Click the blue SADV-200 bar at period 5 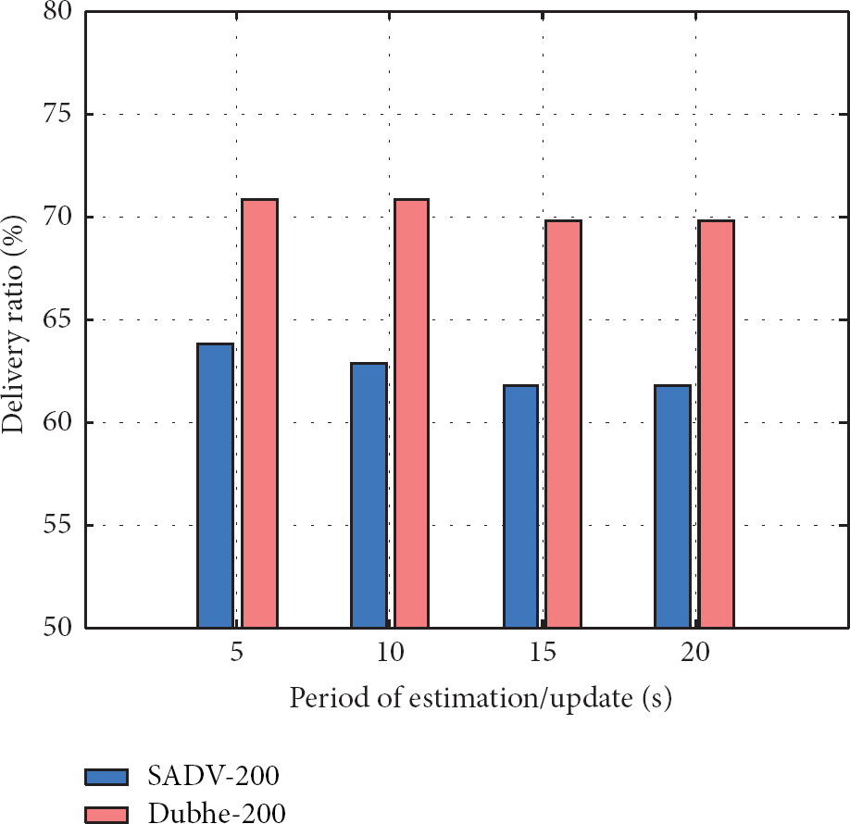point(216,485)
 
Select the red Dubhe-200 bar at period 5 point(260,413)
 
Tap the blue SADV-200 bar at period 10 point(369,494)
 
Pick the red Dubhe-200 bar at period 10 point(411,413)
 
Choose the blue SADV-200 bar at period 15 point(520,506)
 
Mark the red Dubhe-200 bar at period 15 point(563,423)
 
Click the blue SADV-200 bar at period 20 point(672,506)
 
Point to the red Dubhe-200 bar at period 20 point(716,423)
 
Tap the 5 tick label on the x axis point(238,652)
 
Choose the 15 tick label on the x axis point(543,652)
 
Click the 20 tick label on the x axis point(695,652)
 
